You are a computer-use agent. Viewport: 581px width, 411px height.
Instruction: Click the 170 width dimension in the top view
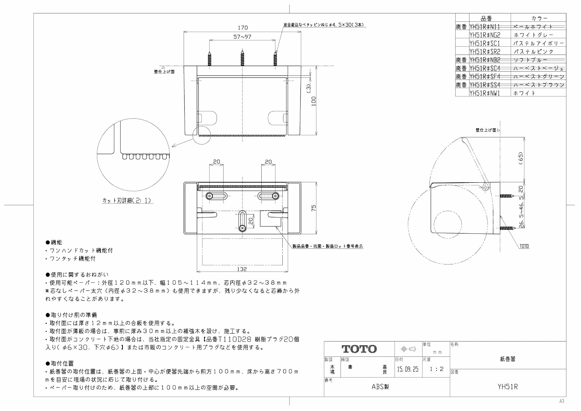(x=242, y=28)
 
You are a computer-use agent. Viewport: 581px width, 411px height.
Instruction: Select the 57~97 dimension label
(x=242, y=37)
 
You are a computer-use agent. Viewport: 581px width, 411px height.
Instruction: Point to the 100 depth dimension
(x=314, y=101)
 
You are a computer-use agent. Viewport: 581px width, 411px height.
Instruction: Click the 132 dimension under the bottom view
(x=242, y=269)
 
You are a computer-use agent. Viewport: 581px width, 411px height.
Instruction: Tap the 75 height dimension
(x=314, y=208)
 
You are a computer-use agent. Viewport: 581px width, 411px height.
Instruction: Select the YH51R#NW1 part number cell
(x=485, y=93)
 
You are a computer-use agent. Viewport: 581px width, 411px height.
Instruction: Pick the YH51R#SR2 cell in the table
(x=485, y=52)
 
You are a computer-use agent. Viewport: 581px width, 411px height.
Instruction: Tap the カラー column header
(x=539, y=18)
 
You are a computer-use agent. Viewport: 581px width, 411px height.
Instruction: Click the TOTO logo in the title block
(x=359, y=349)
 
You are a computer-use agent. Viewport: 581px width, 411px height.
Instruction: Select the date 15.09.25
(x=408, y=369)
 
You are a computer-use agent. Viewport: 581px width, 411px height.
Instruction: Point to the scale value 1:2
(x=437, y=369)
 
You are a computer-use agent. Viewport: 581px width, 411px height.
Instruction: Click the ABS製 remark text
(x=380, y=387)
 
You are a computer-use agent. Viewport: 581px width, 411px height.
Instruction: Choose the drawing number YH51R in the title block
(x=508, y=387)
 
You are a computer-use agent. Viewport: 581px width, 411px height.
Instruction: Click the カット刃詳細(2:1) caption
(x=127, y=200)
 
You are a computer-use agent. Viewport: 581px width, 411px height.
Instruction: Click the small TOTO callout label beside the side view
(x=524, y=246)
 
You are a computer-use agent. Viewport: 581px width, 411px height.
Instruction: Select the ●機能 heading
(x=54, y=242)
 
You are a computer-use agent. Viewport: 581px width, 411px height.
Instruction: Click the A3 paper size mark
(x=562, y=401)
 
